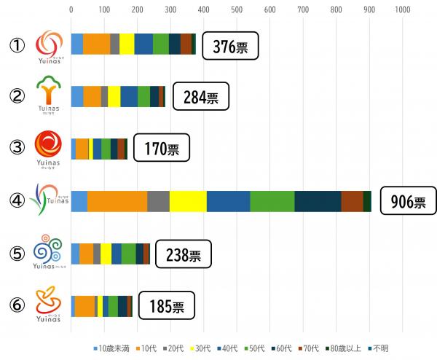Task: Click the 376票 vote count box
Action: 230,47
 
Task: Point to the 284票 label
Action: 201,97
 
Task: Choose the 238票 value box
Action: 184,254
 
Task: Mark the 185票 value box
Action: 168,306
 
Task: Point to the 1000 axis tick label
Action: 402,9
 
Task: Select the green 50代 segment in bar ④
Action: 272,201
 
